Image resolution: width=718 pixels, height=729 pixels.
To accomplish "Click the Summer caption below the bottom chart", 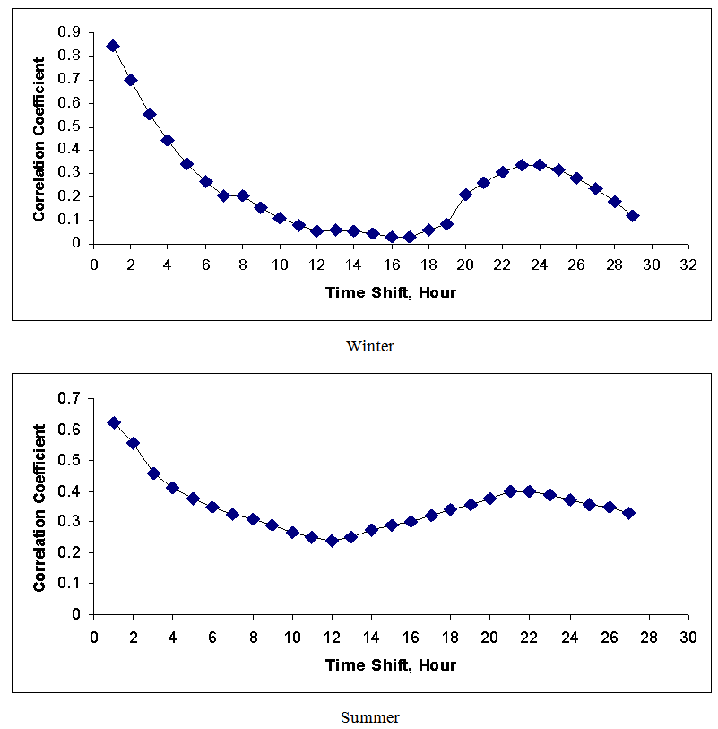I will [370, 717].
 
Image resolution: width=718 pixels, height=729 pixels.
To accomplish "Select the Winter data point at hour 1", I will [113, 46].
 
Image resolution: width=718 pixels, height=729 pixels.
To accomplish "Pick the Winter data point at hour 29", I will [633, 216].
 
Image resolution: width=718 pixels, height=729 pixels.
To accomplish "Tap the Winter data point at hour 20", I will [465, 195].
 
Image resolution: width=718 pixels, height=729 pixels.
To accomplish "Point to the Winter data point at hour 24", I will [540, 165].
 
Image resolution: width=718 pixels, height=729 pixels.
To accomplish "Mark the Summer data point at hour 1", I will [114, 422].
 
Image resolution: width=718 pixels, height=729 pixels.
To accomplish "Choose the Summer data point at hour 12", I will [332, 541].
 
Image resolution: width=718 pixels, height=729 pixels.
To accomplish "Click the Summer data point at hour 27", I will [628, 513].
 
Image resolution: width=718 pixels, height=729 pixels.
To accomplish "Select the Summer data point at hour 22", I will [530, 491].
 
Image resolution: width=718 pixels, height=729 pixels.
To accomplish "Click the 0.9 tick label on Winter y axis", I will [70, 32].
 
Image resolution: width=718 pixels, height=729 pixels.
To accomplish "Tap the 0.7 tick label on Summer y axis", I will [70, 398].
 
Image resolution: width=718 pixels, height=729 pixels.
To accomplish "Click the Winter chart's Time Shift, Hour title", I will [390, 292].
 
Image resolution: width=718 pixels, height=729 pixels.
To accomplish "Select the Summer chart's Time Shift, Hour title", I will [390, 664].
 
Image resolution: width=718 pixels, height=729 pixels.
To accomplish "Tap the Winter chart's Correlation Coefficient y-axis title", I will [40, 139].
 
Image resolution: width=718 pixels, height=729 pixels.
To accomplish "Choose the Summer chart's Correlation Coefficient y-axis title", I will [40, 507].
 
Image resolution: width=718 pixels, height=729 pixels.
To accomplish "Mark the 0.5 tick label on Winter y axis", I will [70, 126].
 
